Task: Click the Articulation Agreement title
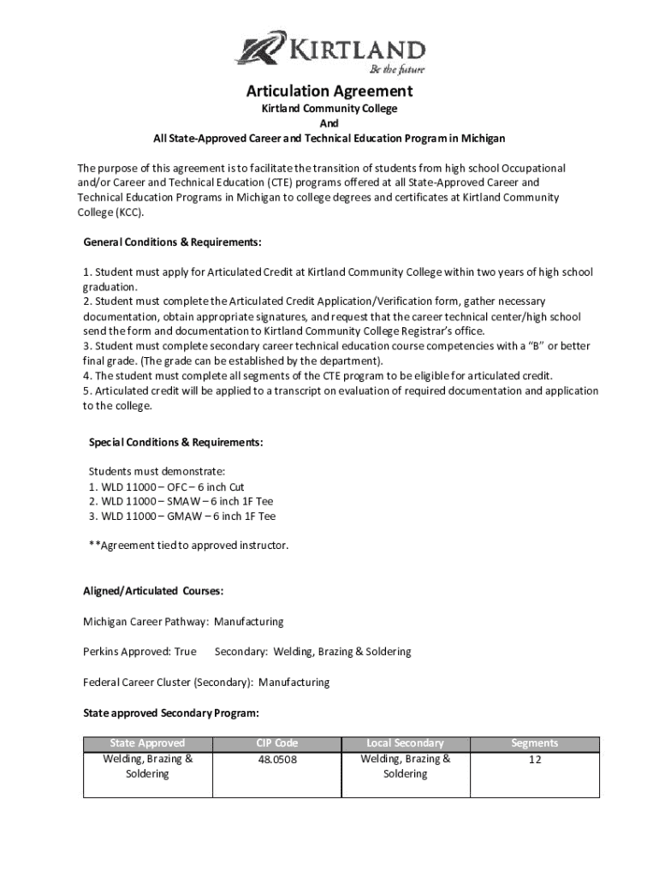click(x=329, y=92)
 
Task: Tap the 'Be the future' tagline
click(x=396, y=69)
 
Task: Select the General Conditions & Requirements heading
click(x=172, y=242)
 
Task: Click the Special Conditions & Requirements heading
click(x=175, y=442)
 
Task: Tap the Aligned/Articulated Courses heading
click(x=154, y=590)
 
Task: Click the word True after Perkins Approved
click(x=185, y=652)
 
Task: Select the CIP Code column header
click(x=276, y=743)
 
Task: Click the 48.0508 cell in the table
click(x=276, y=759)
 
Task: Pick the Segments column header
click(x=534, y=743)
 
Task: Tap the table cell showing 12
click(x=534, y=759)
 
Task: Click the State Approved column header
click(x=147, y=743)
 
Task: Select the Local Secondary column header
click(x=405, y=743)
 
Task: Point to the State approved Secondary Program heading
click(x=171, y=713)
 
